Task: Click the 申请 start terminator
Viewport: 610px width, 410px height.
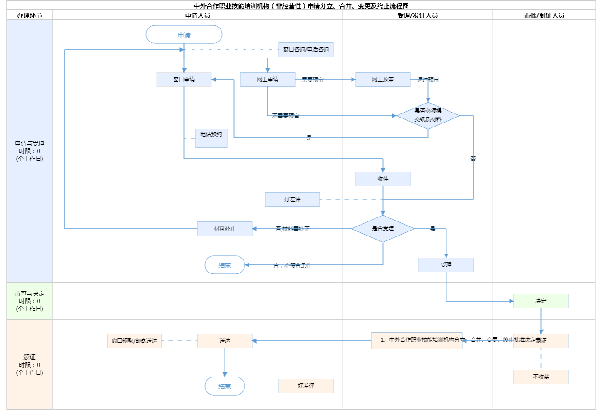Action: pyautogui.click(x=184, y=35)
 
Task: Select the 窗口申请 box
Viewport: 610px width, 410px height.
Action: pyautogui.click(x=184, y=80)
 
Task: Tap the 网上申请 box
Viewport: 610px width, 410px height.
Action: pyautogui.click(x=267, y=80)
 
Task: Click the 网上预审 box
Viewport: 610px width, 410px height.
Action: pyautogui.click(x=383, y=80)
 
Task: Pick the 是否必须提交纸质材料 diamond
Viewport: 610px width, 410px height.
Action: pyautogui.click(x=428, y=115)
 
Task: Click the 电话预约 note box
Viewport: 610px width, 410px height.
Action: pyautogui.click(x=211, y=138)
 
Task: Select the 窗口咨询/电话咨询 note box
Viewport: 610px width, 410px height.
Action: pyautogui.click(x=306, y=50)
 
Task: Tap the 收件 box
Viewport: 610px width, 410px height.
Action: pyautogui.click(x=383, y=179)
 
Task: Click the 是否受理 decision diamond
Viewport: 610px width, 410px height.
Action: pyautogui.click(x=383, y=228)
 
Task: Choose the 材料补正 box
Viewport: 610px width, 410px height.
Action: pyautogui.click(x=225, y=229)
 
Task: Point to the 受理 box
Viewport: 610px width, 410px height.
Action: pyautogui.click(x=446, y=265)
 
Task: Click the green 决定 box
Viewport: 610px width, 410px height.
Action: pyautogui.click(x=541, y=301)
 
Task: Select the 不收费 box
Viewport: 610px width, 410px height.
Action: pyautogui.click(x=541, y=377)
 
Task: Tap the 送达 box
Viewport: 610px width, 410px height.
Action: pyautogui.click(x=225, y=341)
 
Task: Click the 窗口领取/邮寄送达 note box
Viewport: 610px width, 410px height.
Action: pyautogui.click(x=134, y=341)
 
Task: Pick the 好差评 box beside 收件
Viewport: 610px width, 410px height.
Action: pyautogui.click(x=292, y=199)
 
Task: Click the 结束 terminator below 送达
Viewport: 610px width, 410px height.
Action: pyautogui.click(x=225, y=386)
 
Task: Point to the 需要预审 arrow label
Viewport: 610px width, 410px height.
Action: pyautogui.click(x=312, y=80)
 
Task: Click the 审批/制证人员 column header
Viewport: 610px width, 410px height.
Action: pyautogui.click(x=544, y=15)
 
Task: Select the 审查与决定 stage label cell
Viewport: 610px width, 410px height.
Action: pyautogui.click(x=29, y=301)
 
